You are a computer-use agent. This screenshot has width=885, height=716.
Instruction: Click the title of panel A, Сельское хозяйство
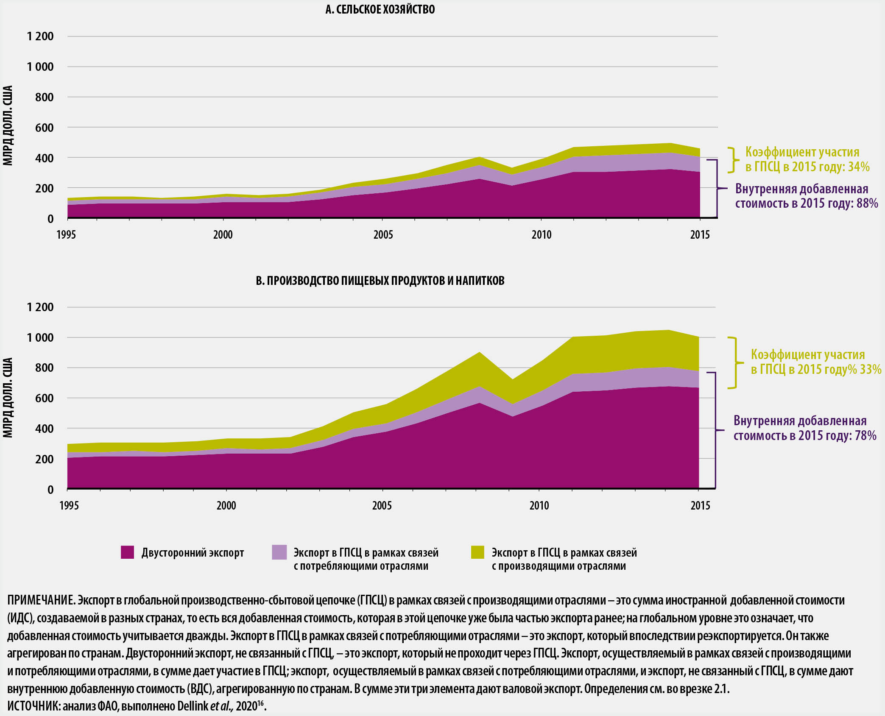tap(380, 9)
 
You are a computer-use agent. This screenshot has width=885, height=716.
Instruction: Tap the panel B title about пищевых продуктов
tap(380, 281)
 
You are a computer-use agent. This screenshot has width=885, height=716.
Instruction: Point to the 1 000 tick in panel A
tap(40, 67)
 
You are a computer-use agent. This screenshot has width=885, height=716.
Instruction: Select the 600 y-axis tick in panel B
tap(45, 398)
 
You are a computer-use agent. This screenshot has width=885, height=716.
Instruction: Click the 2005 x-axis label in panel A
tap(383, 234)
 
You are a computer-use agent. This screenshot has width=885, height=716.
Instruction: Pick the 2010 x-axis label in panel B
tap(539, 505)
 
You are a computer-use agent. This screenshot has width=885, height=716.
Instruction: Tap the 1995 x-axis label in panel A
tap(66, 234)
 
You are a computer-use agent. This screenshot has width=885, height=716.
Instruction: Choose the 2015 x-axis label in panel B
tap(700, 505)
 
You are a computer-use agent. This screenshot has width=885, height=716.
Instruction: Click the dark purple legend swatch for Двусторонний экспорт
tap(127, 552)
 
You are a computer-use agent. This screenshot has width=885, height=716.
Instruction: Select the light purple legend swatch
tap(279, 552)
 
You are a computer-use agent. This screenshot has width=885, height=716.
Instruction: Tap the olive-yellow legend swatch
tap(477, 552)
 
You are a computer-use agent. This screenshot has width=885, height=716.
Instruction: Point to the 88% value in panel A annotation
tap(867, 203)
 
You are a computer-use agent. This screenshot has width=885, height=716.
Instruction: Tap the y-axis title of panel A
tap(8, 125)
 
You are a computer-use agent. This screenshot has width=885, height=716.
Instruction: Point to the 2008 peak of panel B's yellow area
tap(479, 353)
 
